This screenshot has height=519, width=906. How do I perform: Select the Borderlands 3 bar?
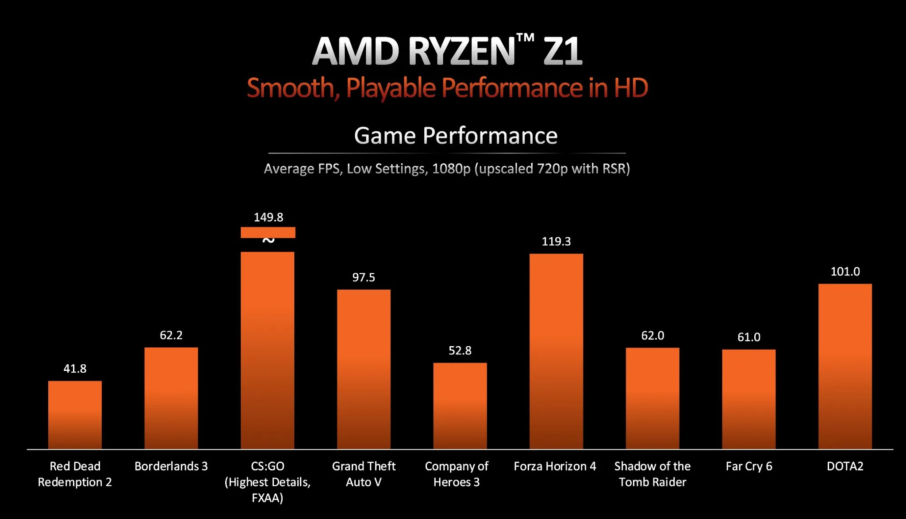click(171, 398)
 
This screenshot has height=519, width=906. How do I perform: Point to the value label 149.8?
click(268, 218)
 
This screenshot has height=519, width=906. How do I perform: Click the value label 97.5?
click(364, 278)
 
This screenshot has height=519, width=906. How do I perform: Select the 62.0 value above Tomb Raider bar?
click(653, 336)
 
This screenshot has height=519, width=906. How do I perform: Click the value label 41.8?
click(75, 369)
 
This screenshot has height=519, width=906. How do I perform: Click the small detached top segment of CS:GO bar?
click(268, 232)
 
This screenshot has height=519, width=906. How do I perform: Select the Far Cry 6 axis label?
click(749, 466)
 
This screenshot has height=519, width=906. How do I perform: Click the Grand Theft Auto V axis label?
click(364, 474)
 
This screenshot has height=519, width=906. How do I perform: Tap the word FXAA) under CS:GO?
click(267, 498)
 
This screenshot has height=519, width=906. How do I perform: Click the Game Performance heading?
click(456, 136)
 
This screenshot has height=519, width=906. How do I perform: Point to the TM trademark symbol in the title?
click(525, 39)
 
